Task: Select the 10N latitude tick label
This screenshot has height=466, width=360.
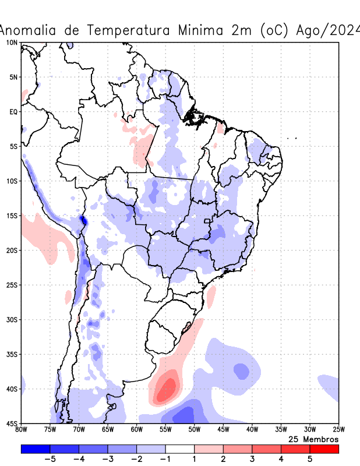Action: [x=12, y=43]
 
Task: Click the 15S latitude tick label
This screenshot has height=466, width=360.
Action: [x=12, y=216]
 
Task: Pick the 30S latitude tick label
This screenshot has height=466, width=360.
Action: [x=12, y=320]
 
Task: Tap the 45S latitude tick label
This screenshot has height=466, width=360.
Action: [x=12, y=423]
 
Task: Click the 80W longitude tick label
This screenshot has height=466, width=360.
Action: [x=22, y=430]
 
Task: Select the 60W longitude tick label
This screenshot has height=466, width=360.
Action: [x=136, y=430]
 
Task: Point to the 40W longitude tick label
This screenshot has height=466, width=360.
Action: [x=252, y=430]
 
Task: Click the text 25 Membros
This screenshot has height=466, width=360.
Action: [x=313, y=439]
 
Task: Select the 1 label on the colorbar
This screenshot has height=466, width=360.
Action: [x=195, y=458]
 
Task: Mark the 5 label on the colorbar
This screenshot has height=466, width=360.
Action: [x=310, y=458]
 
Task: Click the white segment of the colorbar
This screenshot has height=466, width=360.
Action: [x=180, y=449]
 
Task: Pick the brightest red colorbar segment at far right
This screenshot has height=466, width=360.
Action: [x=324, y=449]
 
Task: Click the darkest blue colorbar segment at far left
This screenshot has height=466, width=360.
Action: [x=35, y=449]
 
